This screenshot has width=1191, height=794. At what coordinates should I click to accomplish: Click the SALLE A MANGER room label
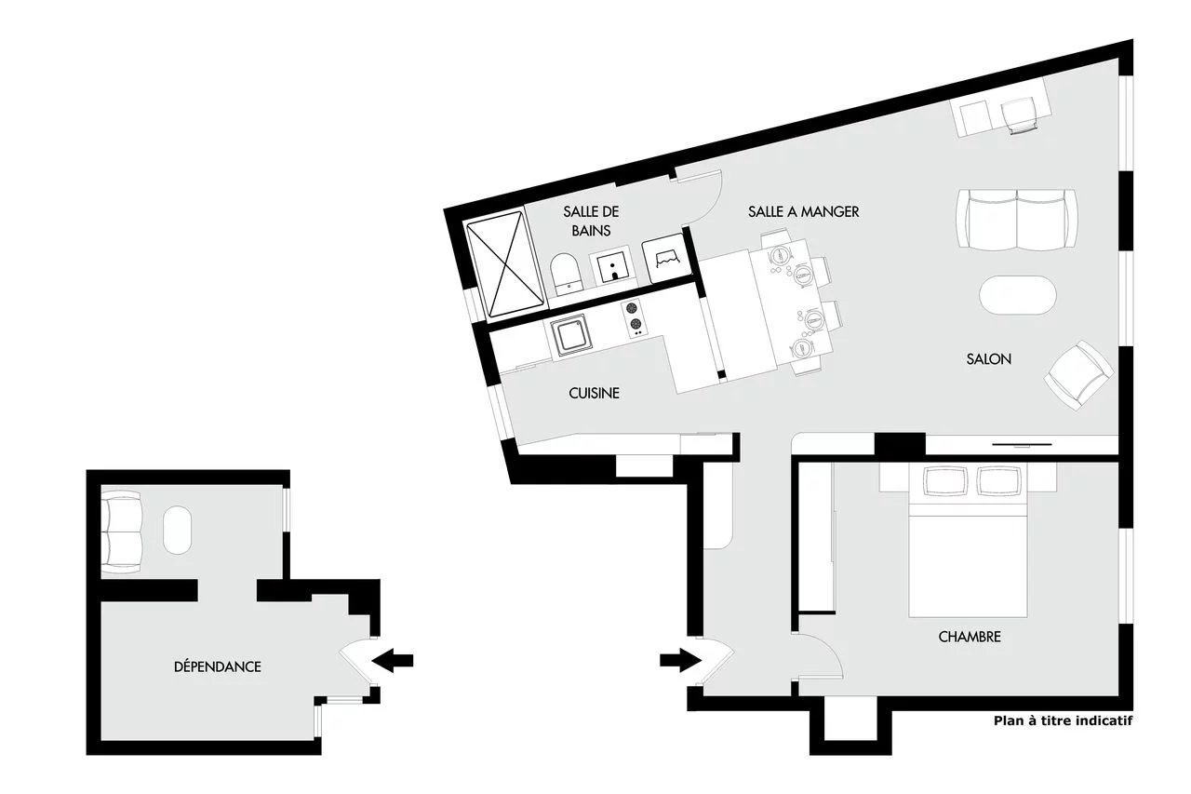[803, 211]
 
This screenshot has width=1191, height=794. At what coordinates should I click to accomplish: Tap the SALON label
[988, 359]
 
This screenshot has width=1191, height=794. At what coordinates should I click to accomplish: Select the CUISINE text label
[594, 393]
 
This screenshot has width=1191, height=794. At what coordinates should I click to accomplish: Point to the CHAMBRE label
[970, 637]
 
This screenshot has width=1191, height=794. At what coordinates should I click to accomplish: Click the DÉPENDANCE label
[218, 666]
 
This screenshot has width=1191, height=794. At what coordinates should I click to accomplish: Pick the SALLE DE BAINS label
[591, 222]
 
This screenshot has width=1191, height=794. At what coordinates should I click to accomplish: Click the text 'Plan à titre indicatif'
[1063, 720]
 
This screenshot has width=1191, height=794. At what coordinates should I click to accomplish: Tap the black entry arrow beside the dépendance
[393, 661]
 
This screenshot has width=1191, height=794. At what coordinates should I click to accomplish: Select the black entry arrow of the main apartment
[680, 661]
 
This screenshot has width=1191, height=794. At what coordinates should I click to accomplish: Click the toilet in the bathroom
[565, 274]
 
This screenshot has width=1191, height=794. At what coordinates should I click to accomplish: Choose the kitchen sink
[571, 334]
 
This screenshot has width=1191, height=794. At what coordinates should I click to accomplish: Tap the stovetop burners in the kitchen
[634, 318]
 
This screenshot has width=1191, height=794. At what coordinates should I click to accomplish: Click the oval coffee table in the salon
[1018, 295]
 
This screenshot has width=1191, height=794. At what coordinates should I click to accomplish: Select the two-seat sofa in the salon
[1017, 219]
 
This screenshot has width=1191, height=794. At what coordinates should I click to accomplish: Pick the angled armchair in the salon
[1078, 375]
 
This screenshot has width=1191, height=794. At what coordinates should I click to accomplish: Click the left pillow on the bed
[944, 480]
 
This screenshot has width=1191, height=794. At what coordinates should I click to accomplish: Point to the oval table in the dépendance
[177, 531]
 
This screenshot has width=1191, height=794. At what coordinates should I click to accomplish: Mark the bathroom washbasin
[612, 266]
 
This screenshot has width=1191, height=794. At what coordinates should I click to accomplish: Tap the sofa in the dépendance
[121, 532]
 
